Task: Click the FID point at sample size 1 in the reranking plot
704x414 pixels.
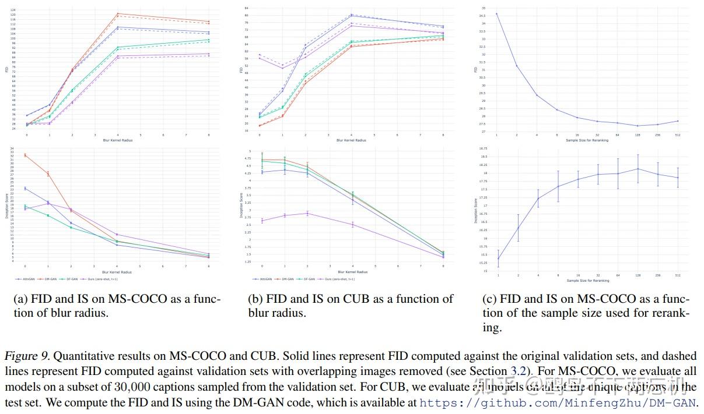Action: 497,13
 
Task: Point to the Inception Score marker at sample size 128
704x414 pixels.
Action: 638,169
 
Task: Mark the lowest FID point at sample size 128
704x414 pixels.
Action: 638,126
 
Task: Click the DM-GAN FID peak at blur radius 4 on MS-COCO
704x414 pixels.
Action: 117,13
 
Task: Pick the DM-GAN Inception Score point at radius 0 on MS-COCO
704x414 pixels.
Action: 26,155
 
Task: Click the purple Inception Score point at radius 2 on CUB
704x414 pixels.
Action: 307,213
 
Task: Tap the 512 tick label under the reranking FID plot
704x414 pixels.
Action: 678,135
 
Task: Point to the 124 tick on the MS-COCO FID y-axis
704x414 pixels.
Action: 13,10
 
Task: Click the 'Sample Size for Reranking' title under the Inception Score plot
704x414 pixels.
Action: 587,281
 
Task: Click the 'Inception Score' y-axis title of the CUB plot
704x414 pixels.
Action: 241,206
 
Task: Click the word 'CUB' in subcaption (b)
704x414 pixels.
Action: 354,299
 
